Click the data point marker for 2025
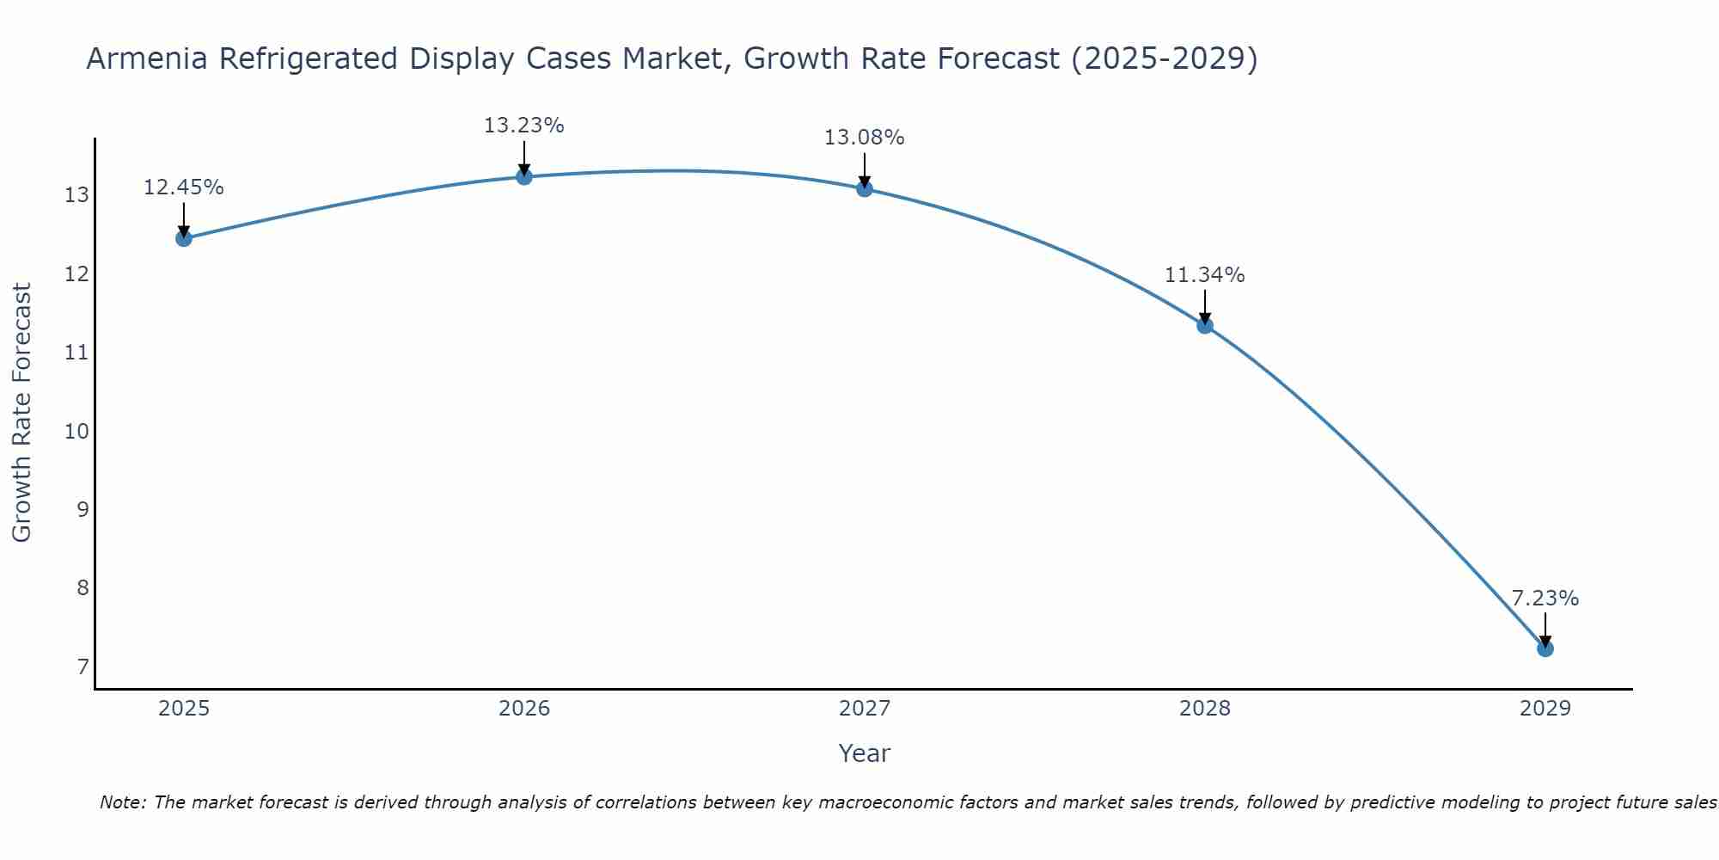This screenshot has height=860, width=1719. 183,238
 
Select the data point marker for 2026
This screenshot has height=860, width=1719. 523,176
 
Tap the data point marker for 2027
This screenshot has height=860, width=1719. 864,188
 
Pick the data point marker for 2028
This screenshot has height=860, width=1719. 1204,325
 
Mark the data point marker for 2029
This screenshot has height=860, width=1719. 1545,648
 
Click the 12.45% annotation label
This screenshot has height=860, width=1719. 183,187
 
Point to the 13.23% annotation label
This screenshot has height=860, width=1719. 523,126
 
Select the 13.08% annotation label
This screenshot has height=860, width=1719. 864,138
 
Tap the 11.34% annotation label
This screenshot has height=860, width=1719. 1204,275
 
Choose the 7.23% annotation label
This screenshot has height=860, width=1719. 1545,599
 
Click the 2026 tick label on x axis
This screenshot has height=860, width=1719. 523,709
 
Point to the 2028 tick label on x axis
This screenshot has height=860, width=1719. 1204,709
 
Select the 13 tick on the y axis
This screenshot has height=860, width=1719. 76,196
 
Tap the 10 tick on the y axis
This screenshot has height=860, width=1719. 76,432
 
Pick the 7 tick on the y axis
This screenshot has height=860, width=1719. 83,667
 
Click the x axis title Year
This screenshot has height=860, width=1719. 864,753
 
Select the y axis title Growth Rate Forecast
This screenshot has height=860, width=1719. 22,413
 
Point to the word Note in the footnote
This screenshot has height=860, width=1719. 124,802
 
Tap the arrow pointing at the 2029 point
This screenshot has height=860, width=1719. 1545,630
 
